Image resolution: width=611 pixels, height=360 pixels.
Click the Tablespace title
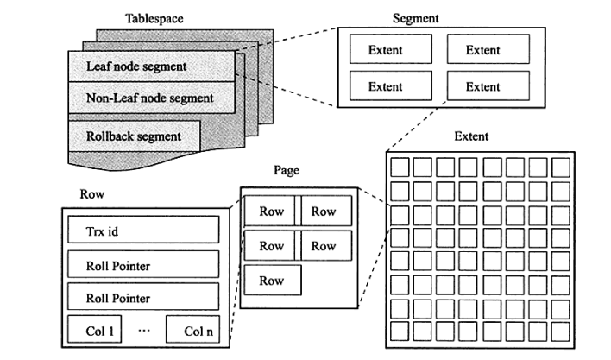coord(153,18)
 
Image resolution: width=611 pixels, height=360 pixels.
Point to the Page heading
coord(286,170)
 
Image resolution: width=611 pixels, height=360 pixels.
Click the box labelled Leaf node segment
coord(151,66)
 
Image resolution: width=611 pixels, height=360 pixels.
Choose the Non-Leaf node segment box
coord(151,98)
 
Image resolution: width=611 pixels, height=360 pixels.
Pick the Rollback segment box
coord(134,136)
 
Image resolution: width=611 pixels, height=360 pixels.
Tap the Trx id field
coord(140,230)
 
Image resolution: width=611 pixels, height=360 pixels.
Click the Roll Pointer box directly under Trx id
coord(140,266)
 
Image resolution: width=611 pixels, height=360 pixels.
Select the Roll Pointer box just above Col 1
coord(140,298)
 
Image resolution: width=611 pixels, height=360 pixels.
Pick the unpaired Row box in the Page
coord(272,281)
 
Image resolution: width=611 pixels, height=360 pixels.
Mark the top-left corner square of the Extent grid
coord(399,167)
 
